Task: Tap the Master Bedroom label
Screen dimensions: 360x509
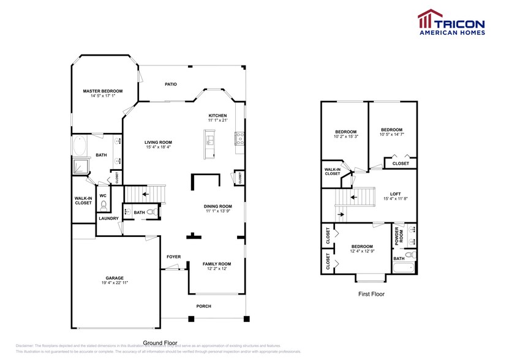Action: [x=103, y=91]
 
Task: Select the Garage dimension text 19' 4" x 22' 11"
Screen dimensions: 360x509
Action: [x=115, y=283]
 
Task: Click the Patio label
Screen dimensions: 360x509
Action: [x=171, y=84]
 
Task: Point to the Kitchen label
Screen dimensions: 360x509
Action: [x=217, y=116]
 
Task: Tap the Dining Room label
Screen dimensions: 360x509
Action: [x=217, y=206]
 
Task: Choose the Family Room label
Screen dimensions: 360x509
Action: [x=217, y=263]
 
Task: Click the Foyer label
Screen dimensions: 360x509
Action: [x=174, y=257]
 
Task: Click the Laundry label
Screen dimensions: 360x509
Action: [x=109, y=218]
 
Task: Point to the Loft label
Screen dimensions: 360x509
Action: [x=395, y=193]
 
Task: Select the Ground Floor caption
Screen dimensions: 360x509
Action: [x=160, y=343]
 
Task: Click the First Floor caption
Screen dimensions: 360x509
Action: [x=371, y=294]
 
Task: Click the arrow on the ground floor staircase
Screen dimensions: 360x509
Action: [x=145, y=195]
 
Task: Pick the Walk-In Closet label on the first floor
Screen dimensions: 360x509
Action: [x=333, y=171]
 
